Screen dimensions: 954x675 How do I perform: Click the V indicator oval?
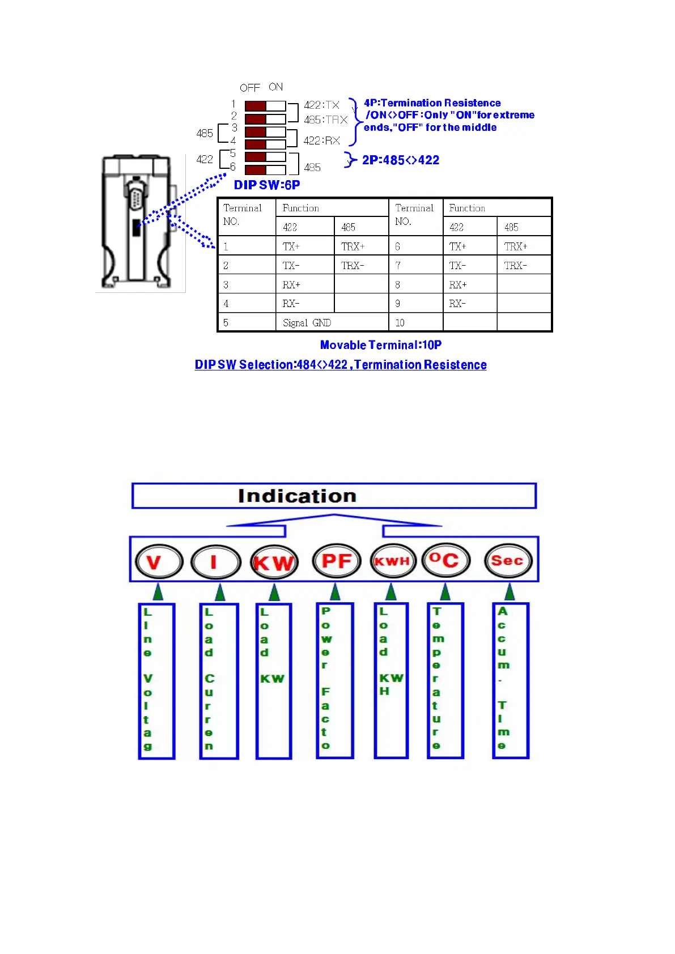coord(159,562)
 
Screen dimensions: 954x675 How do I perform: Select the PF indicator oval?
coord(336,561)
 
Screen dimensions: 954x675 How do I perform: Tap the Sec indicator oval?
coord(508,561)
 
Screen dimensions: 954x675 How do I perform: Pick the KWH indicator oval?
coord(392,561)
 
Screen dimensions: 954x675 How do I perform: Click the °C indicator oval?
coord(445,560)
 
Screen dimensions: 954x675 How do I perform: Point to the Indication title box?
coord(334,496)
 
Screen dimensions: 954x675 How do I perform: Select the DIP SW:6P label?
coord(267,185)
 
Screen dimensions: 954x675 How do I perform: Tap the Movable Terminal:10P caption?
coord(380,345)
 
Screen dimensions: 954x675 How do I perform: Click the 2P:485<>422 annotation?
coord(401,160)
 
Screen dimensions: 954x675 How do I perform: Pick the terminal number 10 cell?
coord(415,323)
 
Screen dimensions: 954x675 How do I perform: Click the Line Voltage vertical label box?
coord(156,680)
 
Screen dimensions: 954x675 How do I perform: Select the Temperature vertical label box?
coord(445,680)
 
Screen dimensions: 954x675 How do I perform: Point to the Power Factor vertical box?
coord(335,680)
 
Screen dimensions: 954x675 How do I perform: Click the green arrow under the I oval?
coord(220,593)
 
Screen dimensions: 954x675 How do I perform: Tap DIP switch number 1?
coord(265,106)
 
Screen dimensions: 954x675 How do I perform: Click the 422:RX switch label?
coord(321,140)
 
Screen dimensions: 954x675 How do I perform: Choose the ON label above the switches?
coord(276,87)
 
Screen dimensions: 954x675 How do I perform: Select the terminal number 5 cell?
coord(247,323)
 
